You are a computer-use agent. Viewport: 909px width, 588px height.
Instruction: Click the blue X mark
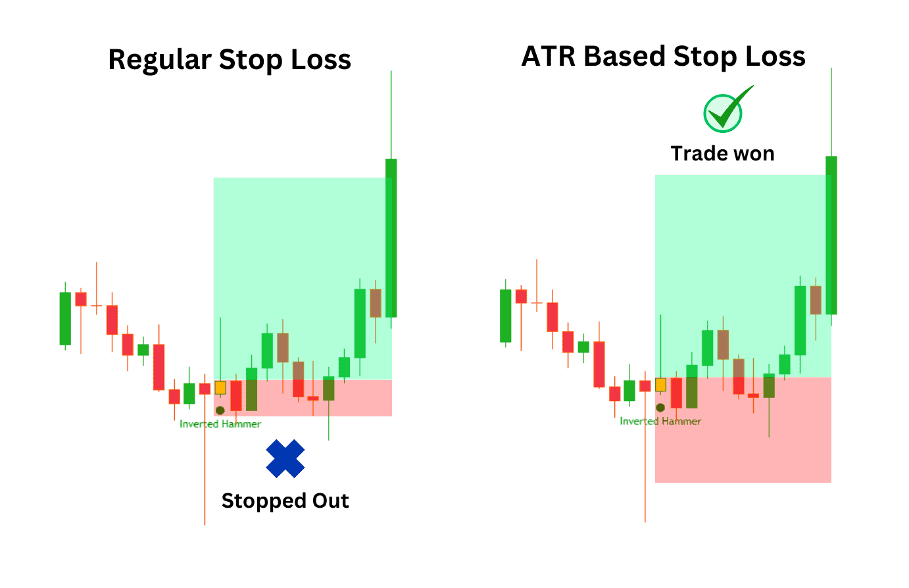[285, 458]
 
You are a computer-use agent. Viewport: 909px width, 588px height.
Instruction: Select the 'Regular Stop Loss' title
[230, 60]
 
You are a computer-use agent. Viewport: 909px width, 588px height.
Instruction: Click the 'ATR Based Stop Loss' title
[664, 57]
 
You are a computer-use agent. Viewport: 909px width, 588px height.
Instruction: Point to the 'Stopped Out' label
[285, 501]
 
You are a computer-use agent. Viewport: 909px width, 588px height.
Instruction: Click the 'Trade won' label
[723, 154]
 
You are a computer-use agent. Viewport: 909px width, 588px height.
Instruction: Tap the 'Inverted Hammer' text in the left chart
[220, 424]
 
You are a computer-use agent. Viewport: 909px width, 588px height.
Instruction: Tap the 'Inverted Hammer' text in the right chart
[660, 421]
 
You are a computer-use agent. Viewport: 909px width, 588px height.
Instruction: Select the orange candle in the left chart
[220, 387]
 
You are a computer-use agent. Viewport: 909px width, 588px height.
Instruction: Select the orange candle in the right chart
[660, 385]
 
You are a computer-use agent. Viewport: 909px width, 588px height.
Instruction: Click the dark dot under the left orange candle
[220, 410]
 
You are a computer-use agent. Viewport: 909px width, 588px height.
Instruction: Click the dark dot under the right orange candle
[660, 407]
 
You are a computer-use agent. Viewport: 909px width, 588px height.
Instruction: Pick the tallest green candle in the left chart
[391, 238]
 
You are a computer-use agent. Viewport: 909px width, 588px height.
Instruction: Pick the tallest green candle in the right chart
[831, 235]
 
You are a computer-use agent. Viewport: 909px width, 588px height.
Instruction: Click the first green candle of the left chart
[65, 318]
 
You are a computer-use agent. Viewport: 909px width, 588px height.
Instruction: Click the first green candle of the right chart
[506, 316]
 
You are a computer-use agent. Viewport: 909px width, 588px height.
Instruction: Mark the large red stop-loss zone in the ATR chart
[743, 429]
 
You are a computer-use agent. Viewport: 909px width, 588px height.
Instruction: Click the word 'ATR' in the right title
[549, 56]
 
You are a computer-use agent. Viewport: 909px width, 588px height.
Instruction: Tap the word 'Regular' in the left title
[160, 60]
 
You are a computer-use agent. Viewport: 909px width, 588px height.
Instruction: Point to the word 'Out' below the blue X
[331, 501]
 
